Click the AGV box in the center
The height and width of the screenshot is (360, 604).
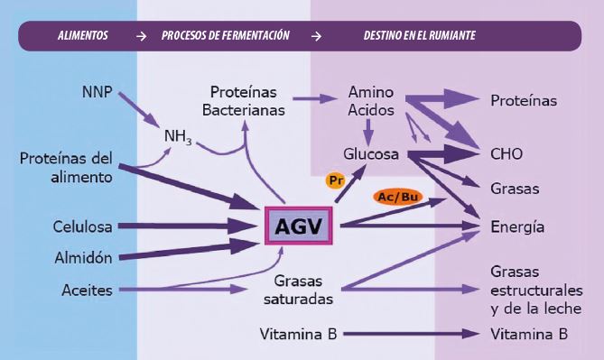(x=297, y=226)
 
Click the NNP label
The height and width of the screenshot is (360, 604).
(x=97, y=92)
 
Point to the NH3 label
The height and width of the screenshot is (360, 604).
(x=178, y=137)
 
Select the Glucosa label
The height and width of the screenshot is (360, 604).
(x=371, y=154)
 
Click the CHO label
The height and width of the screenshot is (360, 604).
(x=506, y=154)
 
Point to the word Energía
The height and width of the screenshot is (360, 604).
(x=517, y=226)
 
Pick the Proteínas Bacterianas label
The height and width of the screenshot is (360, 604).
(x=246, y=101)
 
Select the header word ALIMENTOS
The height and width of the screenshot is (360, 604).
(x=82, y=36)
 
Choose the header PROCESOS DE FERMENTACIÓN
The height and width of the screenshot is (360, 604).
(x=226, y=36)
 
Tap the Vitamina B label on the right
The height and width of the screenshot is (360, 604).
(x=529, y=334)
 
